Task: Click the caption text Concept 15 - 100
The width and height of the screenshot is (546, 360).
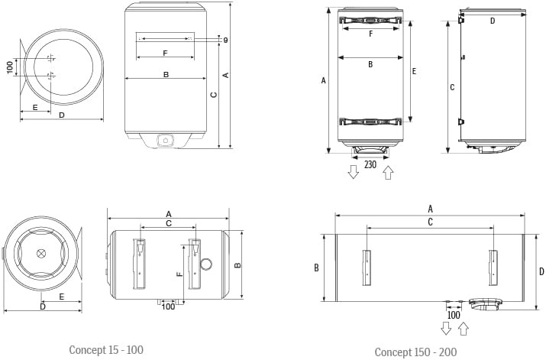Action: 106,350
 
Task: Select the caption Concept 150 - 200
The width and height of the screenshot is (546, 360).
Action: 415,352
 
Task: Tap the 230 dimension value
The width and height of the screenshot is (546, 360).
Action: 370,164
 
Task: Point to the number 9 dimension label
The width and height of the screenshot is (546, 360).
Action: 225,41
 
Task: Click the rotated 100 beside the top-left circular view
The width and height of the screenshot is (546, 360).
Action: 10,67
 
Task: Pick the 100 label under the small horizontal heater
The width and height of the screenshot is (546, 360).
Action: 168,306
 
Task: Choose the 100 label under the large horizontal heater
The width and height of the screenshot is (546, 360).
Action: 454,316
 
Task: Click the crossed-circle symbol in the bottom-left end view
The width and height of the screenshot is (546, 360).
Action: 41,253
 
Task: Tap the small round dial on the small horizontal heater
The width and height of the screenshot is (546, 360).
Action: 206,264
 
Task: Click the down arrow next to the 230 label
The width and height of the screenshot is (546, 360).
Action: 354,172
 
